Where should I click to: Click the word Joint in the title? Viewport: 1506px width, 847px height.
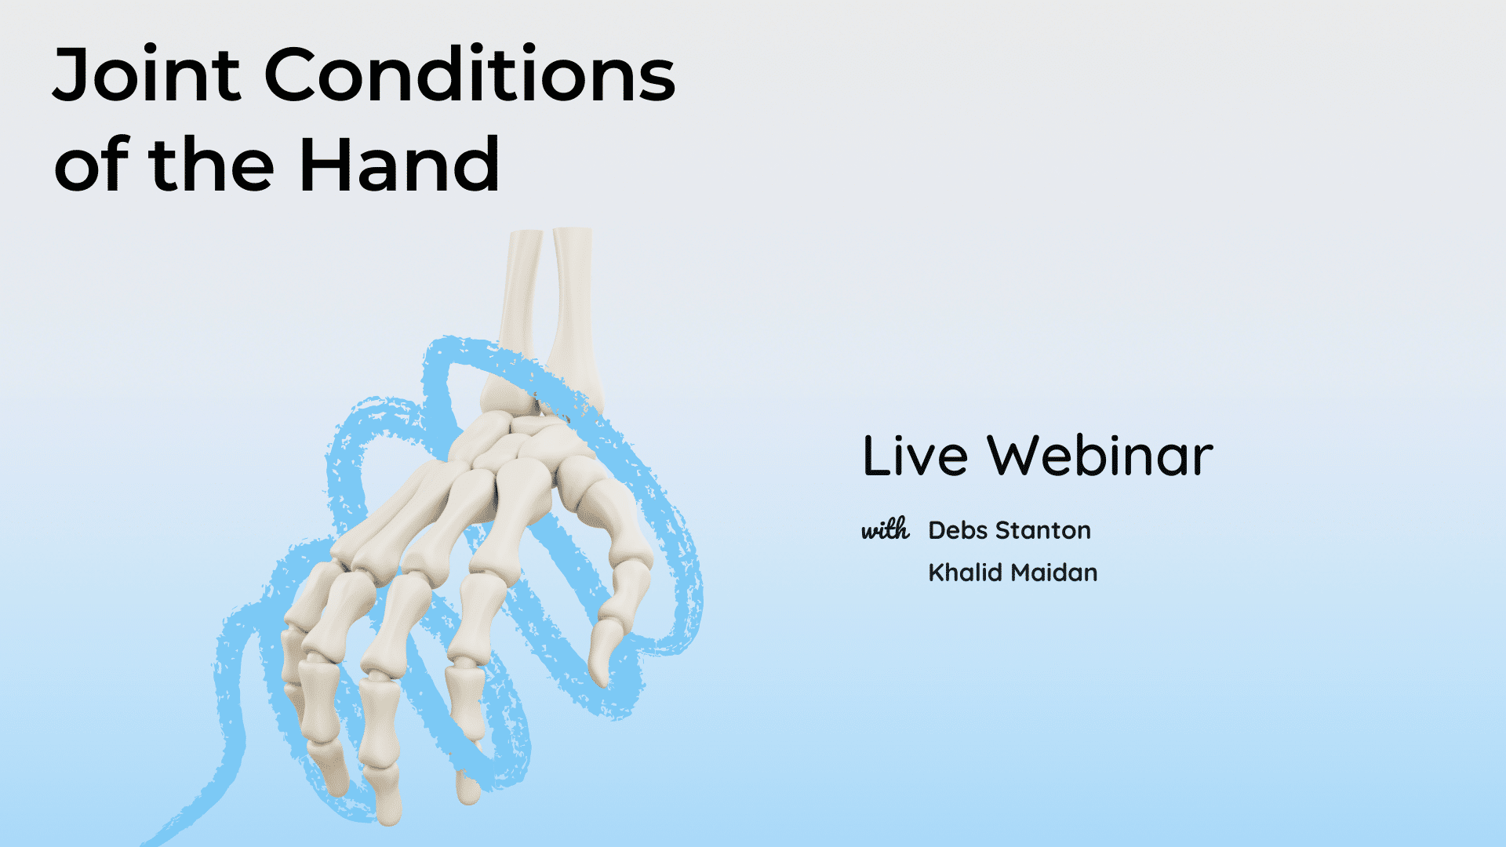coord(146,75)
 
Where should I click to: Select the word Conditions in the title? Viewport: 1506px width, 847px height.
coord(470,75)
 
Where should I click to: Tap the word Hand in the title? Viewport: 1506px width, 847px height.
coord(399,164)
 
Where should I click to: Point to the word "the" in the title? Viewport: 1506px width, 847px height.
coord(211,164)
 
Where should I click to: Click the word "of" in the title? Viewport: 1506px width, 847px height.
coord(90,164)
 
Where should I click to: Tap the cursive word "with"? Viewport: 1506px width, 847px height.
coord(886,529)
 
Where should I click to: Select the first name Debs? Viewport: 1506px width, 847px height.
coord(958,530)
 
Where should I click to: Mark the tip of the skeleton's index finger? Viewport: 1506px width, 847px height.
coord(468,788)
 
